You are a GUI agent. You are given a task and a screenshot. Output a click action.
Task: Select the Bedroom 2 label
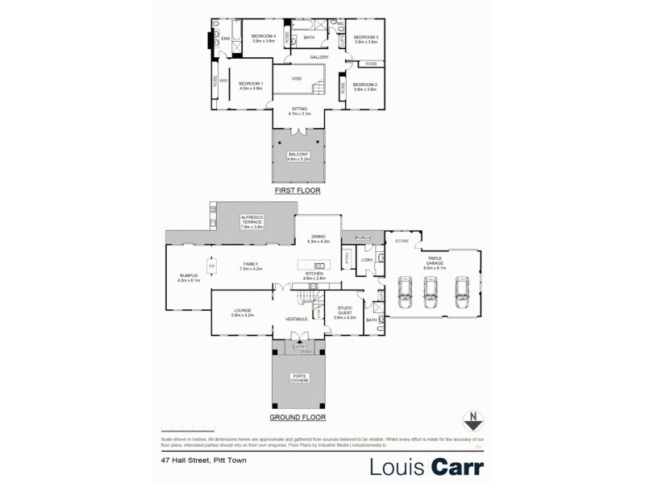tap(365, 85)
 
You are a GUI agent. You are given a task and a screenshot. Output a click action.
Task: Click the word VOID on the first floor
tap(297, 79)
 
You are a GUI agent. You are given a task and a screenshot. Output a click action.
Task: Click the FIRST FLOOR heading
tap(298, 191)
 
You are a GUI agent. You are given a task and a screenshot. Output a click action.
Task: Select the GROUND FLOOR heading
tap(297, 419)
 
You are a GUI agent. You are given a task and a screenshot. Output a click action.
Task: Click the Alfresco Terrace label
tap(252, 221)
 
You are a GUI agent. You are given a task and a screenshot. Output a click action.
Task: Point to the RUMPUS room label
tap(187, 278)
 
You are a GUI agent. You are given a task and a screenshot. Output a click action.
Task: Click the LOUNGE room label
tap(243, 312)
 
